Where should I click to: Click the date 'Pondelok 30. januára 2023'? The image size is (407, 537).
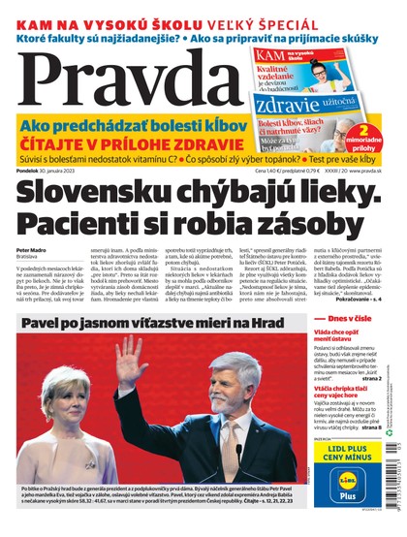click(x=47, y=169)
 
